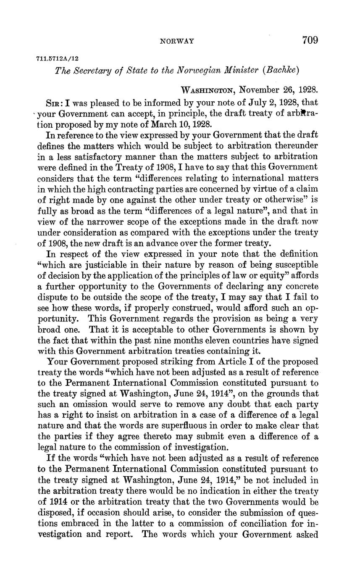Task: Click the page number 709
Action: click(310, 40)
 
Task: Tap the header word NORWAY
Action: click(177, 41)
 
